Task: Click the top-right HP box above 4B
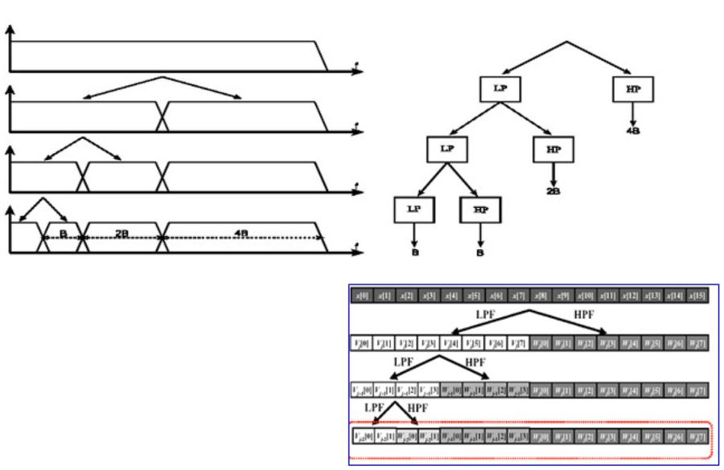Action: click(631, 88)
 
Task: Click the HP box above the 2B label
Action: click(553, 149)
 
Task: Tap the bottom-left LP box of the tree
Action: click(414, 209)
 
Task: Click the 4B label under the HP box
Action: click(632, 131)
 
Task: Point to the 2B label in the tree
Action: click(553, 192)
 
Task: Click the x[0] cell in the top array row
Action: click(363, 296)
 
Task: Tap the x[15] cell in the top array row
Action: click(698, 296)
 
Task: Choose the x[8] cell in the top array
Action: click(541, 296)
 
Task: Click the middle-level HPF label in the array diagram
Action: click(475, 362)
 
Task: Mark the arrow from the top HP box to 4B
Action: click(632, 112)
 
